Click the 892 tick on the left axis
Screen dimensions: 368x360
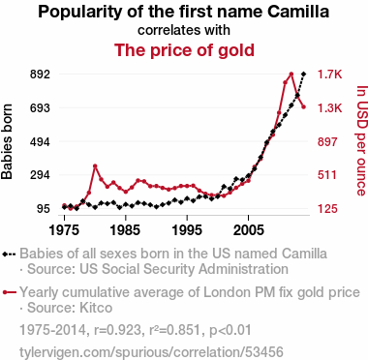(x=41, y=75)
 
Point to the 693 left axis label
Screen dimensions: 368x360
(x=41, y=107)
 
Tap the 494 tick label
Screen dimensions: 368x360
(x=41, y=141)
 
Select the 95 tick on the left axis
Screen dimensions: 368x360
(x=43, y=209)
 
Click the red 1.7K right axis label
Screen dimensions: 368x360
(x=329, y=75)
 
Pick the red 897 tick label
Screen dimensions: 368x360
(x=327, y=141)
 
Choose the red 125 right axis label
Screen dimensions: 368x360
(x=327, y=209)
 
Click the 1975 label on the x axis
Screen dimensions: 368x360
(x=64, y=230)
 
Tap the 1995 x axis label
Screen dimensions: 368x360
(x=187, y=230)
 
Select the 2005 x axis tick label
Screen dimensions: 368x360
(x=248, y=230)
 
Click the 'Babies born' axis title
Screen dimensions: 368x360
(x=7, y=141)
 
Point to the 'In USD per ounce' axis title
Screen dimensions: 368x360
(x=362, y=140)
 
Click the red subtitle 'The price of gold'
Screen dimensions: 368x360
(x=184, y=50)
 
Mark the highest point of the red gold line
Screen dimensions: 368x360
(x=291, y=75)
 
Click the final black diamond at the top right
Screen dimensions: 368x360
(x=303, y=75)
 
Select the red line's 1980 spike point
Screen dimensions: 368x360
(x=95, y=166)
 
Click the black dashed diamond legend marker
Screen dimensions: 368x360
(x=9, y=254)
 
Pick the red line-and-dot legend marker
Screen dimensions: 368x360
(x=9, y=292)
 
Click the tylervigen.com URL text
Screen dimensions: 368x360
(x=151, y=352)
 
